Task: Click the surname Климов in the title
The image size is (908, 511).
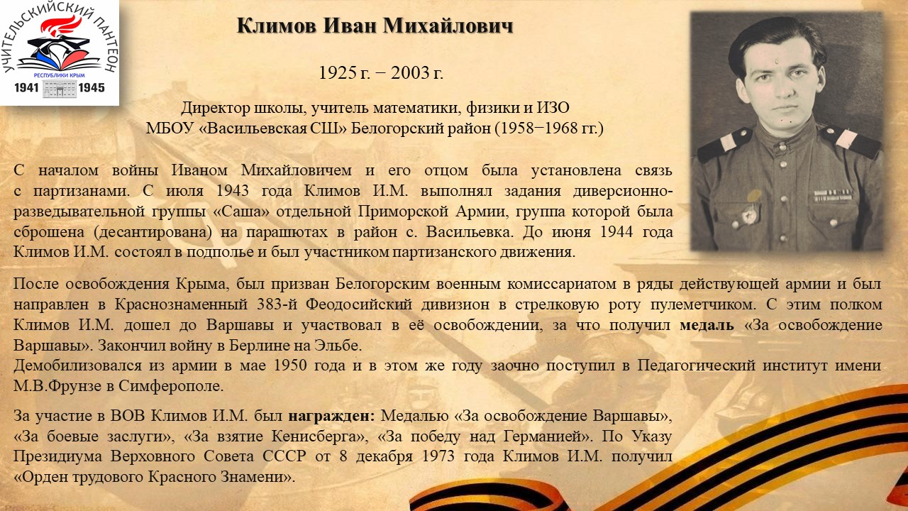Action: pyautogui.click(x=277, y=26)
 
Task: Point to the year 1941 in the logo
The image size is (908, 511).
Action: pyautogui.click(x=27, y=87)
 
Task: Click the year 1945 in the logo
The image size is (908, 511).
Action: pyautogui.click(x=92, y=87)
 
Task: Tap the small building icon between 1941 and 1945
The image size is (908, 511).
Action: pyautogui.click(x=59, y=89)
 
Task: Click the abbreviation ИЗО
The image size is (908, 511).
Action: pyautogui.click(x=553, y=108)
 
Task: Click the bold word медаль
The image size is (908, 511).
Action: pyautogui.click(x=707, y=325)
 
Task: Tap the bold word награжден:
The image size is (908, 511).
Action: pyautogui.click(x=331, y=416)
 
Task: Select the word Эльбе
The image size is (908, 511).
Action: pyautogui.click(x=337, y=346)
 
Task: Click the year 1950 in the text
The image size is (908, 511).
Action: pyautogui.click(x=289, y=366)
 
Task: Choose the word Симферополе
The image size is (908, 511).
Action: pyautogui.click(x=171, y=386)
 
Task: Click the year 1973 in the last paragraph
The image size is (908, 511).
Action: pyautogui.click(x=438, y=456)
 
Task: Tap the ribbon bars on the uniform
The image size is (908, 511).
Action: pyautogui.click(x=833, y=195)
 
